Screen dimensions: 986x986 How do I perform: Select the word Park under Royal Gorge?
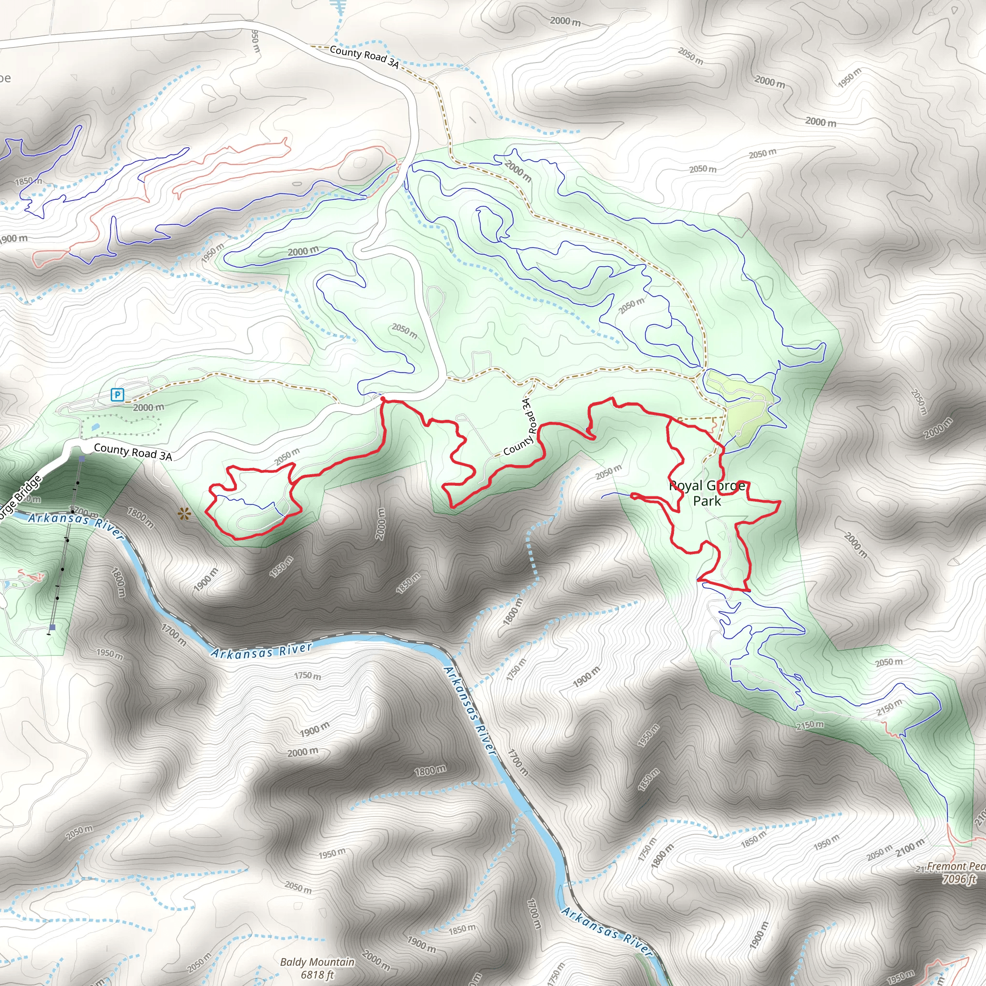707,501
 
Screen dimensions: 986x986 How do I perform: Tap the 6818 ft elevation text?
317,975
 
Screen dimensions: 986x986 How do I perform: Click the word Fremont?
946,867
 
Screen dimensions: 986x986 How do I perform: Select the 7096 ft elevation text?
959,879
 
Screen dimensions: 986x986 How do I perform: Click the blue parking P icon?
118,394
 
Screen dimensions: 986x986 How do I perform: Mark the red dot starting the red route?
383,399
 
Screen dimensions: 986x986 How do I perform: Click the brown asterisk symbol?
184,515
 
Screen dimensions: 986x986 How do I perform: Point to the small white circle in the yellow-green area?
738,434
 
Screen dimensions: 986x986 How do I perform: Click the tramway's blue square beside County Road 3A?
82,459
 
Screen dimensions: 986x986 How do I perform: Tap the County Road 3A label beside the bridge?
133,452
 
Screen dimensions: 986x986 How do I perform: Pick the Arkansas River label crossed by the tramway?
76,520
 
